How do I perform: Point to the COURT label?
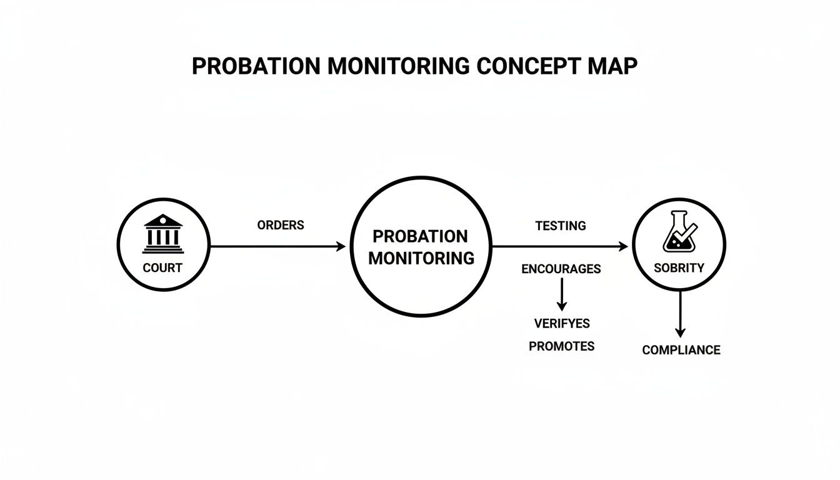pos(162,268)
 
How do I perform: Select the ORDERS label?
pos(281,225)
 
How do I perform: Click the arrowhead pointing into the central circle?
pos(341,247)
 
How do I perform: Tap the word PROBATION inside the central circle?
pos(420,236)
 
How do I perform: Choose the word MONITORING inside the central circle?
pos(421,257)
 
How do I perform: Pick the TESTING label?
pos(561,226)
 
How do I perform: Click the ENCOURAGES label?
pos(561,269)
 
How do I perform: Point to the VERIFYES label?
pos(562,324)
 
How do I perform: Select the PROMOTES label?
pos(561,346)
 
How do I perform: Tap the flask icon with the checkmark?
pos(679,232)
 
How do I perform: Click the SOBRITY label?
pos(679,268)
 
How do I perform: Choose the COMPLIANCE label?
pos(681,350)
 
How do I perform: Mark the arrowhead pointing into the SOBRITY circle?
pos(623,247)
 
